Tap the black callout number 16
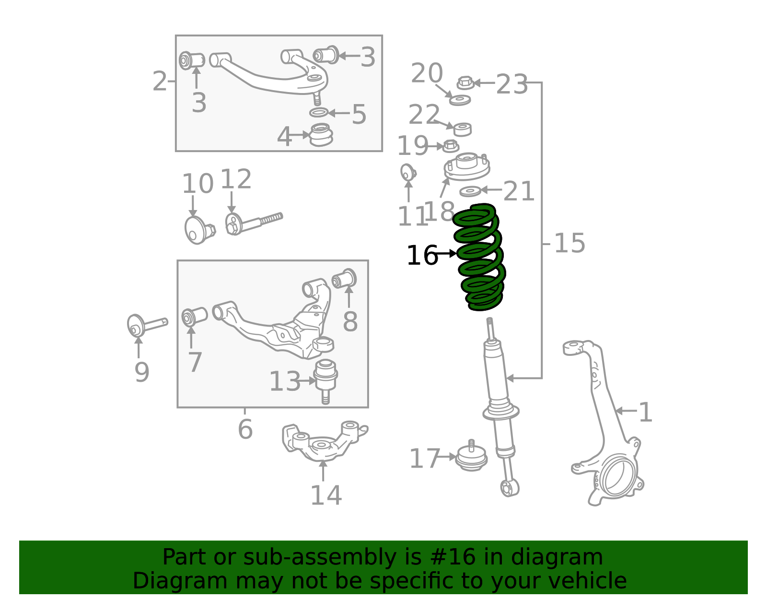422,256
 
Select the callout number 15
569,243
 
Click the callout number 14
326,495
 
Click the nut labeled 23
465,83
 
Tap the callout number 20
427,73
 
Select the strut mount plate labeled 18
466,166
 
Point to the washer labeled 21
470,192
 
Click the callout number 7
195,362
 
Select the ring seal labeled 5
318,113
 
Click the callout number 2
160,82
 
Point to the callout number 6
245,429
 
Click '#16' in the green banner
453,557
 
